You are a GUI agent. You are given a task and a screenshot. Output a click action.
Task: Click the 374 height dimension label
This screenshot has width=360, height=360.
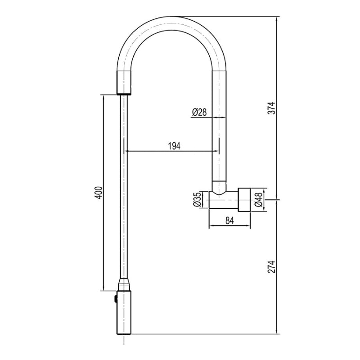click(x=271, y=108)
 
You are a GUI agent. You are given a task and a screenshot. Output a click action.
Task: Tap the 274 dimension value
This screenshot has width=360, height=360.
click(x=271, y=267)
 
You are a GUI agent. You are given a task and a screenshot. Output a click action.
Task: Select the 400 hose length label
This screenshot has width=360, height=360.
click(x=99, y=193)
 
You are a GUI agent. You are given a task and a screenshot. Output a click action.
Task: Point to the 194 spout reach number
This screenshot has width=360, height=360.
click(x=175, y=146)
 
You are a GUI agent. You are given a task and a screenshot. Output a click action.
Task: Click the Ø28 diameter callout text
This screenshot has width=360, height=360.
click(x=199, y=112)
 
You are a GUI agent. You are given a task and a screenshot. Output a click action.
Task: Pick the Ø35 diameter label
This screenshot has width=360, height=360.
click(x=197, y=199)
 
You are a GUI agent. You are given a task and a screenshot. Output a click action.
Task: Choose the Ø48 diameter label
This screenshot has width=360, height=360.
click(x=258, y=200)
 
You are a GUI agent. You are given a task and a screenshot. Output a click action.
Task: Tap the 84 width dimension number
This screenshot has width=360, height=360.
click(x=229, y=220)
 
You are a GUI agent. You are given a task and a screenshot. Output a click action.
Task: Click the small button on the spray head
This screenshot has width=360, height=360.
click(x=116, y=299)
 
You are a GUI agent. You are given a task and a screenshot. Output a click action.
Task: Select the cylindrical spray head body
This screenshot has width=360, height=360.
click(x=124, y=313)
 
